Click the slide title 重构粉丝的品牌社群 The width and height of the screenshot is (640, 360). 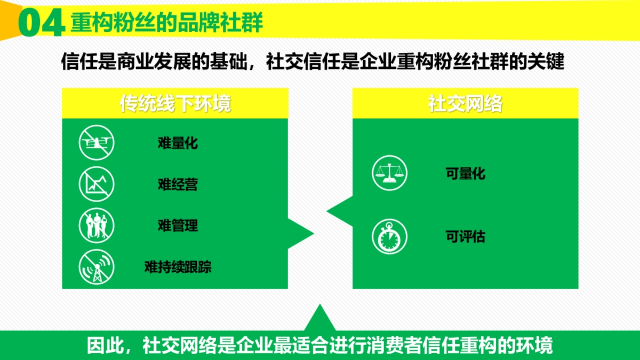click(x=167, y=23)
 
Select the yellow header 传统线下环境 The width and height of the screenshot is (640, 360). click(x=175, y=103)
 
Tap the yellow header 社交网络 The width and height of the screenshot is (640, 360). click(x=465, y=103)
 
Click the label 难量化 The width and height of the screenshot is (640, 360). click(x=178, y=143)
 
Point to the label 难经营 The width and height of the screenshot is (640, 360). click(x=178, y=185)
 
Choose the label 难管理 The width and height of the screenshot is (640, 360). click(x=178, y=226)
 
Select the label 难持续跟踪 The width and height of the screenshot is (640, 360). click(x=178, y=267)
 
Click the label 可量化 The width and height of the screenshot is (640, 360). click(x=465, y=174)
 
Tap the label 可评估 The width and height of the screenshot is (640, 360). click(x=465, y=237)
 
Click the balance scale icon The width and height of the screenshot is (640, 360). click(x=389, y=173)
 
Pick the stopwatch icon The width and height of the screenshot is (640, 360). click(x=389, y=237)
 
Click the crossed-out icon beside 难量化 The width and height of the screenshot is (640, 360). click(x=97, y=142)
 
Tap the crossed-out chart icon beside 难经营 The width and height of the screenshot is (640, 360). click(x=97, y=184)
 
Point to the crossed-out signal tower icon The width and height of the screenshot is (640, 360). click(x=97, y=267)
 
